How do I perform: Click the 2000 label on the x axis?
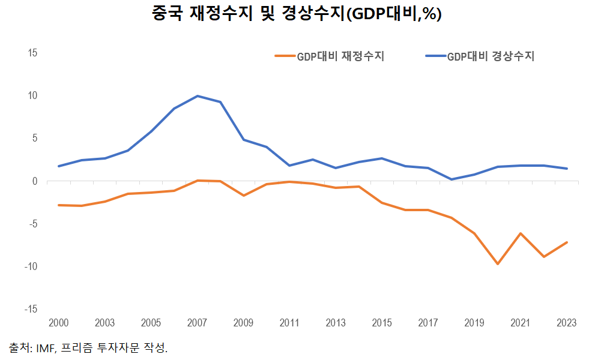tap(59, 323)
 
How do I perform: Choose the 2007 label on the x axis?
tap(197, 323)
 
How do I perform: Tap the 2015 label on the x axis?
tap(381, 323)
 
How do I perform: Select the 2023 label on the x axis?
tap(566, 323)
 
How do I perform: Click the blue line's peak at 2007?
tap(198, 96)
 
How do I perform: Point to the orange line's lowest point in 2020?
tap(498, 264)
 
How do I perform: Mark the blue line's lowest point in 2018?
tap(452, 179)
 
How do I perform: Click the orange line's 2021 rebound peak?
tap(521, 233)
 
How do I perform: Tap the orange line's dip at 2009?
tap(243, 196)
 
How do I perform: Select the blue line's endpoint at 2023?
tap(567, 169)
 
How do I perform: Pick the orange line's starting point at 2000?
tap(59, 205)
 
